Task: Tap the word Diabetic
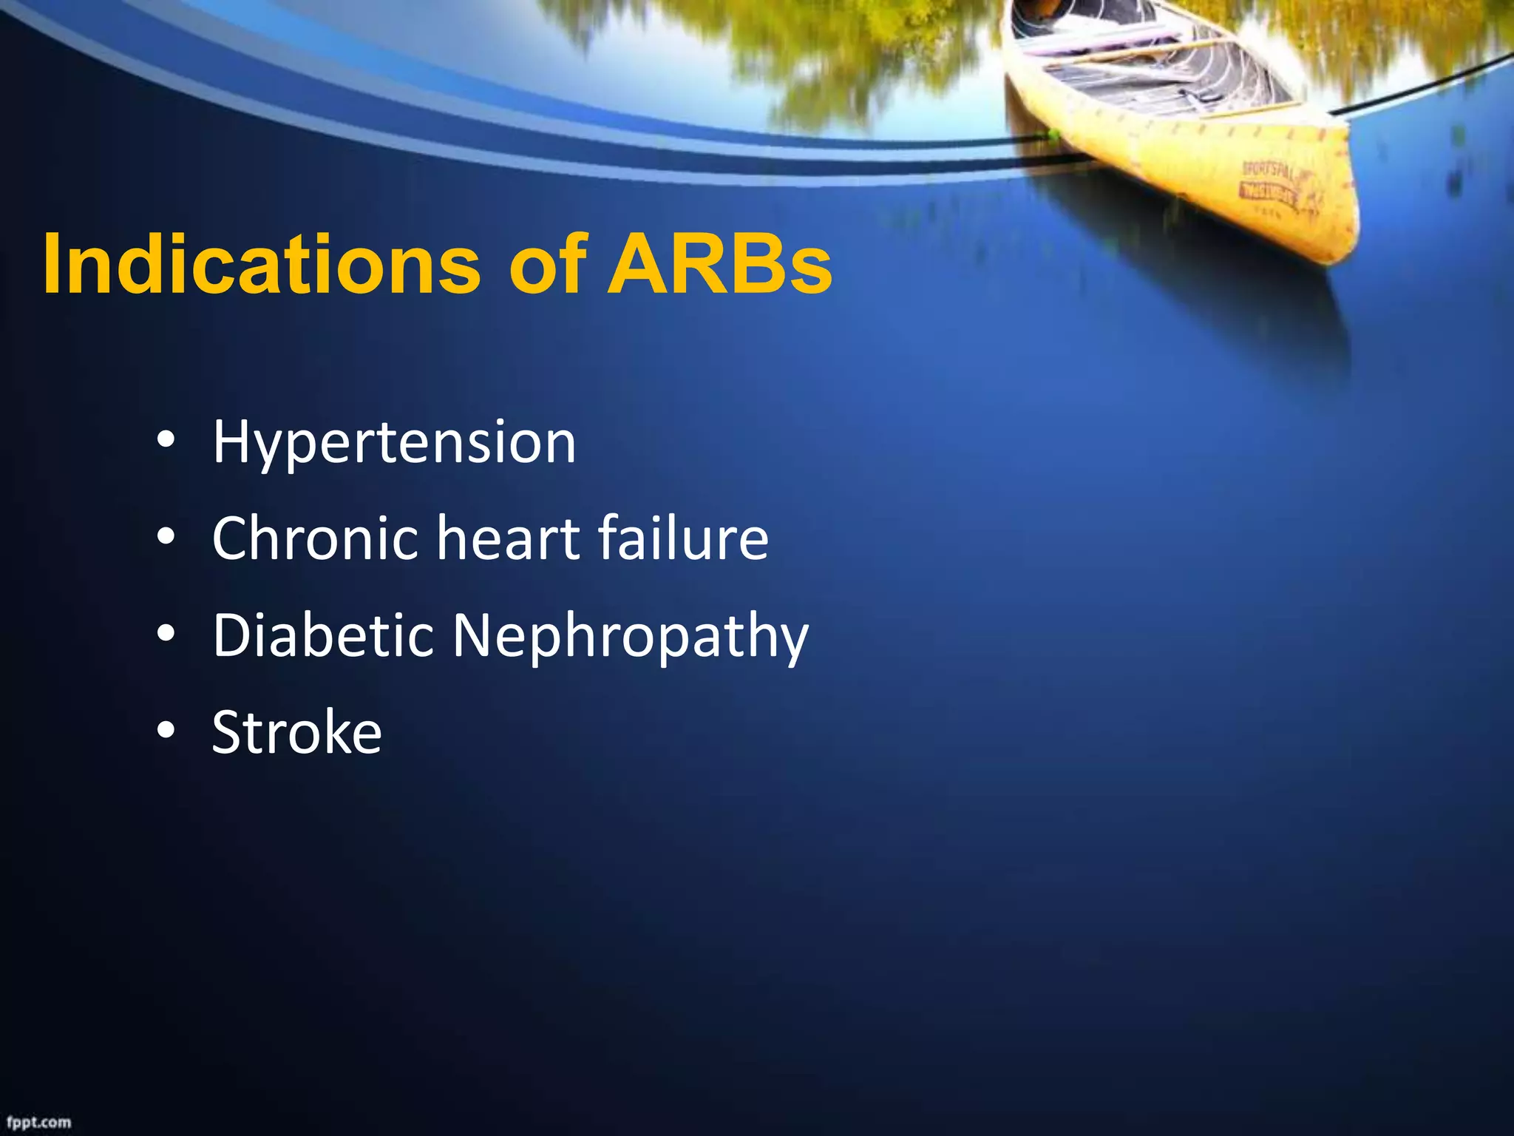322,635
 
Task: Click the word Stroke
296,732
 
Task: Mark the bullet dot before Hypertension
166,442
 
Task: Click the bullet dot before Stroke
166,731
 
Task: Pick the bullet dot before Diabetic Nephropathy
166,634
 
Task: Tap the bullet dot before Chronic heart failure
166,538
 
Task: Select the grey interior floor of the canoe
1153,81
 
